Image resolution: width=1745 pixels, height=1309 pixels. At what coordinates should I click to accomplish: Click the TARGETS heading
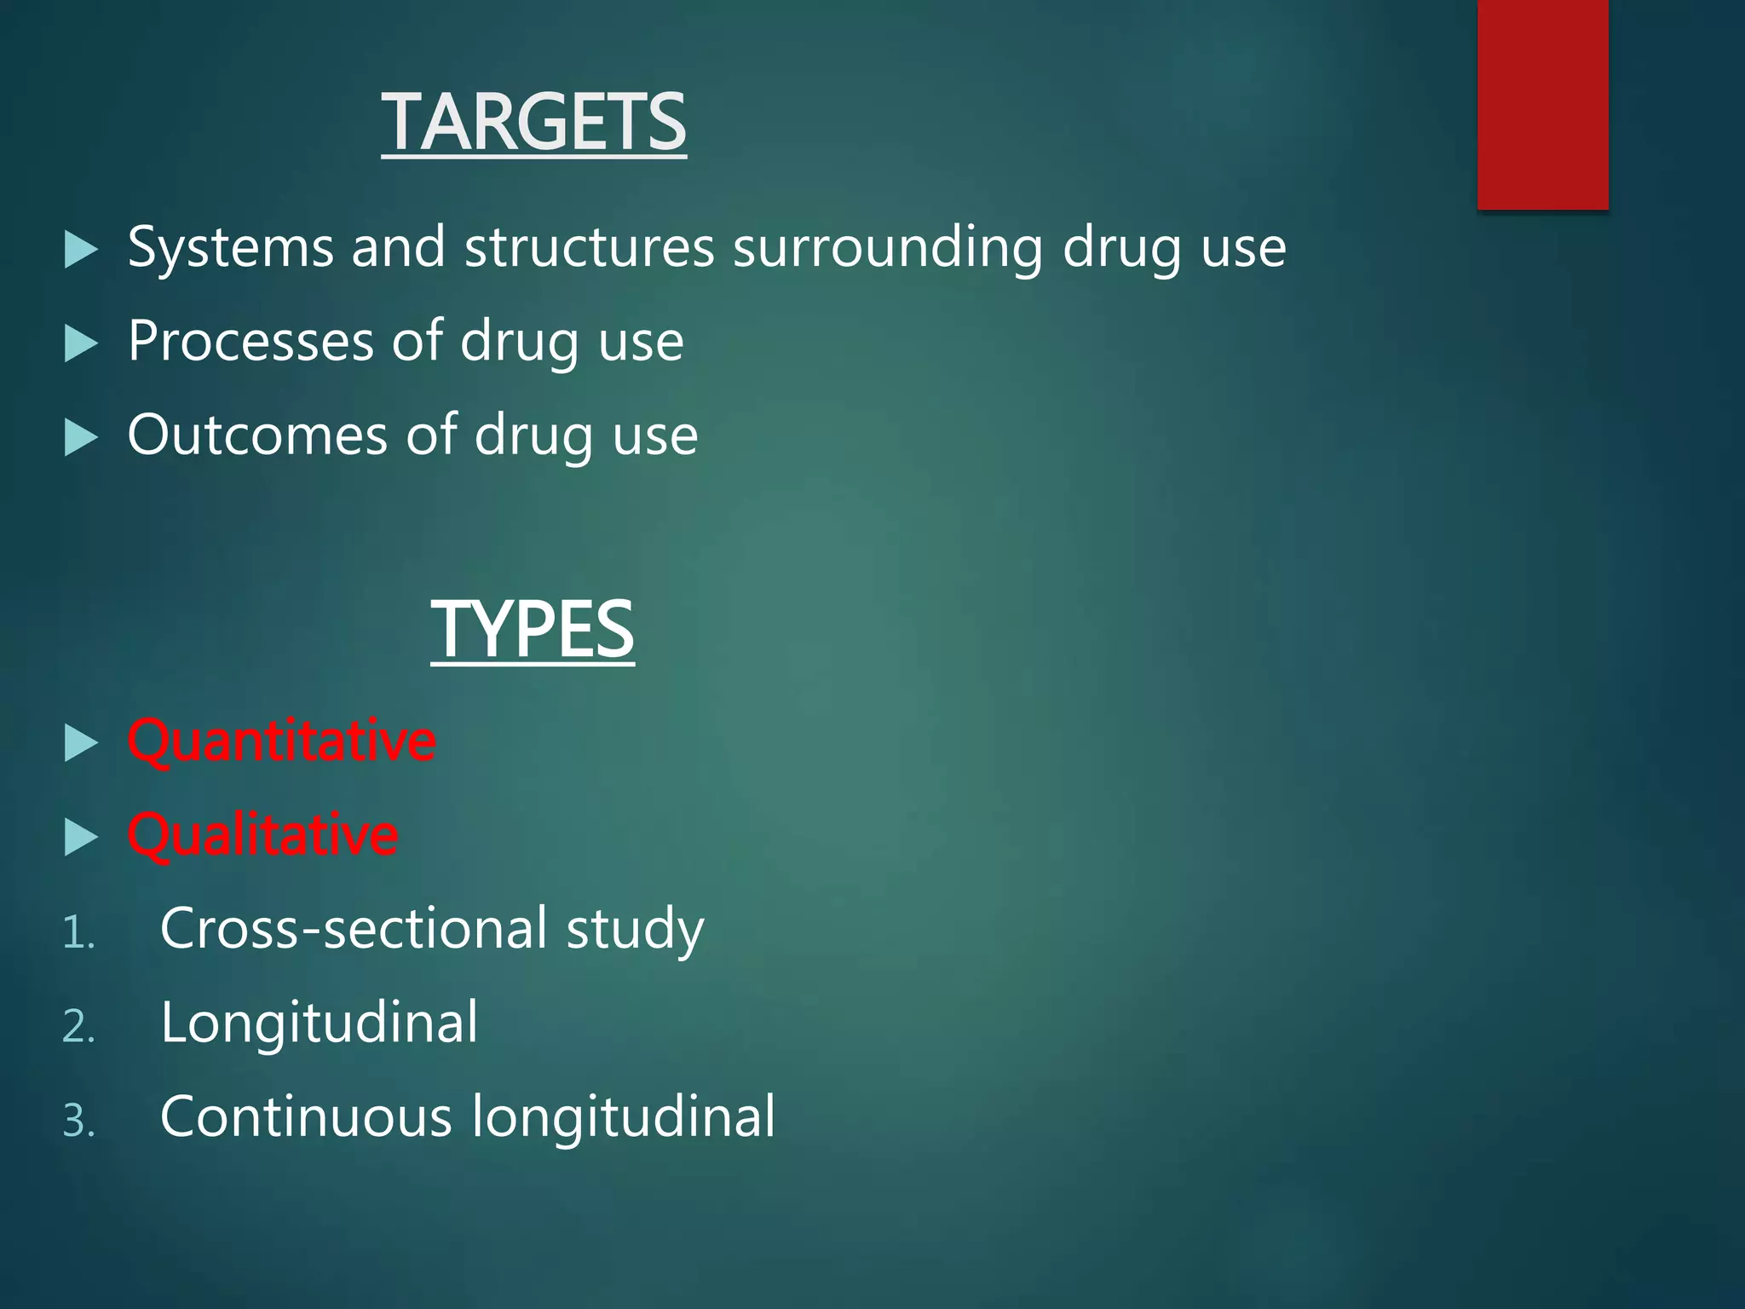click(x=533, y=123)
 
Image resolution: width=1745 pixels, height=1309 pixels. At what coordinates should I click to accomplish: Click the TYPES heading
click(x=533, y=629)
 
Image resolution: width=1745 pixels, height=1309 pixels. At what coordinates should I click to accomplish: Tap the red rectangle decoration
click(x=1542, y=104)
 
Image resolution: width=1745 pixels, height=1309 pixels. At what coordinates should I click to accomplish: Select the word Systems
click(x=230, y=248)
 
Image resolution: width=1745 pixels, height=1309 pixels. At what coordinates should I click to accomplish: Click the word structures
click(x=589, y=248)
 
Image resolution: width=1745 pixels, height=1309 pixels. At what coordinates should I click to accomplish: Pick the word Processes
click(x=251, y=342)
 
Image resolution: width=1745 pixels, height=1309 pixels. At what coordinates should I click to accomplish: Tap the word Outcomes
click(x=257, y=435)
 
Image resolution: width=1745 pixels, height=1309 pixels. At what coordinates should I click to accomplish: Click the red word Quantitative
click(x=282, y=741)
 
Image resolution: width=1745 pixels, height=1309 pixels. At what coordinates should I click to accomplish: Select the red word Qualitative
click(x=263, y=835)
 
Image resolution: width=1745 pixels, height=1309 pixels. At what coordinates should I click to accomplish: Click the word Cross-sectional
click(x=354, y=929)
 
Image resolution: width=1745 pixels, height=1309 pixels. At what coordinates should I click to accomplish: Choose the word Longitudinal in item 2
click(x=320, y=1024)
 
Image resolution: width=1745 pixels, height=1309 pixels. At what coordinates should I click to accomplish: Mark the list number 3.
click(x=78, y=1121)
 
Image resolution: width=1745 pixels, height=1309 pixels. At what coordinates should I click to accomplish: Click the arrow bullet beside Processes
click(x=81, y=344)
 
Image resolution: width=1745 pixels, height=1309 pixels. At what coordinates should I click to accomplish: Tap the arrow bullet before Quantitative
click(x=81, y=743)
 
